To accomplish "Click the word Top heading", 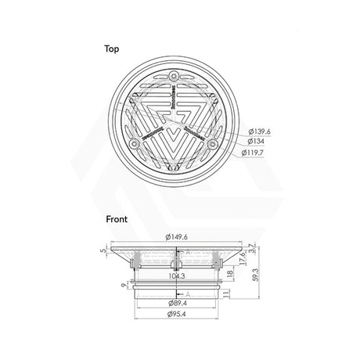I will pos(113,48).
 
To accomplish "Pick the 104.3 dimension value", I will pos(178,277).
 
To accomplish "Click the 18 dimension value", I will pos(228,274).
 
